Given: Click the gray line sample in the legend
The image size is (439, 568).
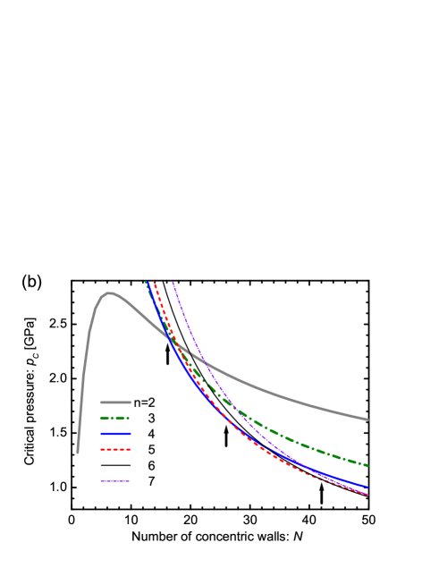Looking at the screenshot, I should click(115, 403).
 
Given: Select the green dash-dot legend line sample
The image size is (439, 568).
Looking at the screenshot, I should click(115, 418).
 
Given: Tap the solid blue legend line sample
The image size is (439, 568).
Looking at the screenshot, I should click(115, 434).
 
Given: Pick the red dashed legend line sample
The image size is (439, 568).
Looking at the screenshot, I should click(115, 449).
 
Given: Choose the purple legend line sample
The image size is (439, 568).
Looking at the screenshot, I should click(115, 480).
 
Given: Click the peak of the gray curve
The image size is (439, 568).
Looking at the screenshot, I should click(109, 292).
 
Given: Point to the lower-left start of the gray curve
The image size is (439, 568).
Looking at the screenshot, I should click(78, 453).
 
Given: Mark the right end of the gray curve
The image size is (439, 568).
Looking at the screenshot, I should click(367, 419).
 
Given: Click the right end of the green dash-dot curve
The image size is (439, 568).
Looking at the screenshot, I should click(367, 465).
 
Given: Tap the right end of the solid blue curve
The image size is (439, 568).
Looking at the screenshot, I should click(367, 487).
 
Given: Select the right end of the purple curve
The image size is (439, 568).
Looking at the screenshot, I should click(367, 494).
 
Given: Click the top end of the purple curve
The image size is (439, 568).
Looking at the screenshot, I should click(173, 283).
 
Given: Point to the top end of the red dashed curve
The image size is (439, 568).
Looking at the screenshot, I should click(154, 283).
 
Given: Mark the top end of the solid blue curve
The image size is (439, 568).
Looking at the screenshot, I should click(146, 283).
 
